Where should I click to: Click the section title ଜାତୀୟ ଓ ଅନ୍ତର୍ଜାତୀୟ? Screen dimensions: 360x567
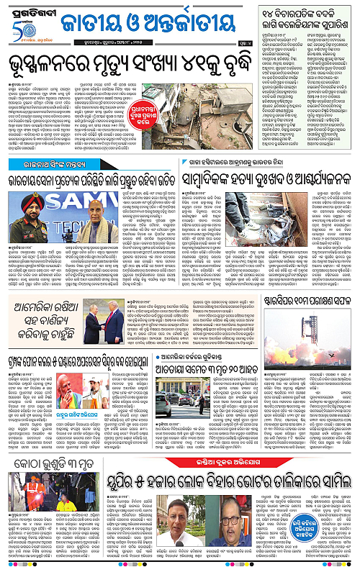point(150,23)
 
